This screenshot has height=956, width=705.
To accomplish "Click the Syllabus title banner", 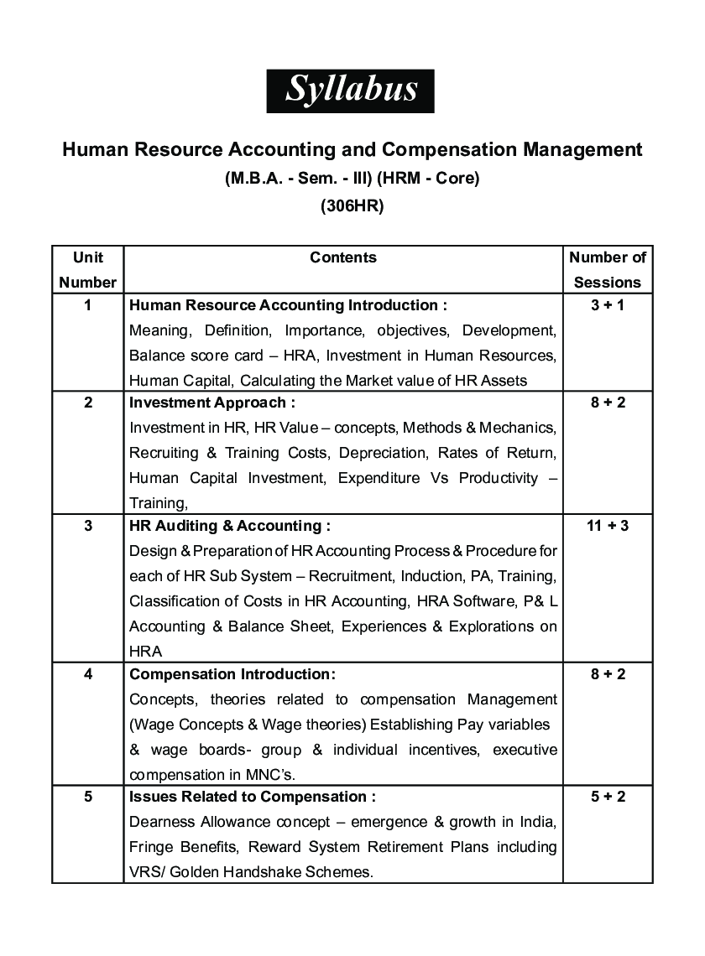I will click(x=351, y=91).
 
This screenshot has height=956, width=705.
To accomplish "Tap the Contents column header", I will click(x=343, y=257).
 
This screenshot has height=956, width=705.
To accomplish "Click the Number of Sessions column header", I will click(x=608, y=269).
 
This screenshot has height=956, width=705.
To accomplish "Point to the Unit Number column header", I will click(x=87, y=269).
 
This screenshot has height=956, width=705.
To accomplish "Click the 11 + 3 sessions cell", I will click(x=608, y=526).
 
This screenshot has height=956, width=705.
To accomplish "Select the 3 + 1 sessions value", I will click(x=608, y=305).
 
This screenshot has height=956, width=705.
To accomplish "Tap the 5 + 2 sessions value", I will click(x=608, y=797).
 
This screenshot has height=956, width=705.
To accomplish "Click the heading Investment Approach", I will click(x=211, y=403).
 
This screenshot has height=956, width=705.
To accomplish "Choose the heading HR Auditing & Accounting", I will click(x=229, y=526).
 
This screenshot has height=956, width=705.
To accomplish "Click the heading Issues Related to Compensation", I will click(x=252, y=797).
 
